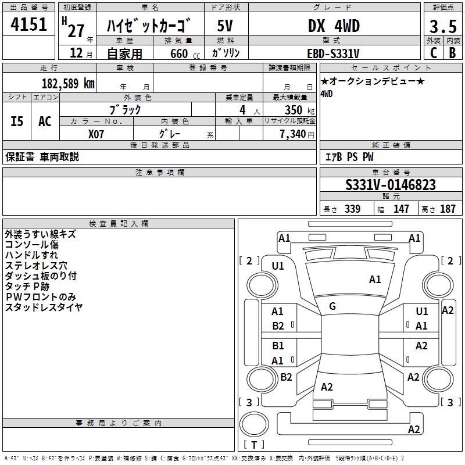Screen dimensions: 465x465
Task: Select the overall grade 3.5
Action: [x=442, y=27]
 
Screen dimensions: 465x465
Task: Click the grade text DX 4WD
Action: [x=334, y=26]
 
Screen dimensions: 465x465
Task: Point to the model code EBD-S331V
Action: [x=333, y=53]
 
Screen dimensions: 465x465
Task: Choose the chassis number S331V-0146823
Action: [x=390, y=185]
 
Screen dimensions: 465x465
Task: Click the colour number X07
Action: [x=96, y=133]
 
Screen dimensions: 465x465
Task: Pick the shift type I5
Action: [x=17, y=121]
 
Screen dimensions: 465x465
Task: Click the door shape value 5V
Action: [x=226, y=26]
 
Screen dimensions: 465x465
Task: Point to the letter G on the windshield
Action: [x=332, y=306]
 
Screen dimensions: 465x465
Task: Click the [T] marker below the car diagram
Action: [x=254, y=445]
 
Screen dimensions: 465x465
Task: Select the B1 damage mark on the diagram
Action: [x=278, y=346]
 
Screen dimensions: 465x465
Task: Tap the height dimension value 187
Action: [x=448, y=209]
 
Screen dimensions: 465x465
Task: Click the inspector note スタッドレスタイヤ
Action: [x=44, y=307]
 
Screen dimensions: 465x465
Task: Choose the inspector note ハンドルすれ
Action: [x=31, y=255]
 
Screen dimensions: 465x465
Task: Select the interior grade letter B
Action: [x=452, y=53]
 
